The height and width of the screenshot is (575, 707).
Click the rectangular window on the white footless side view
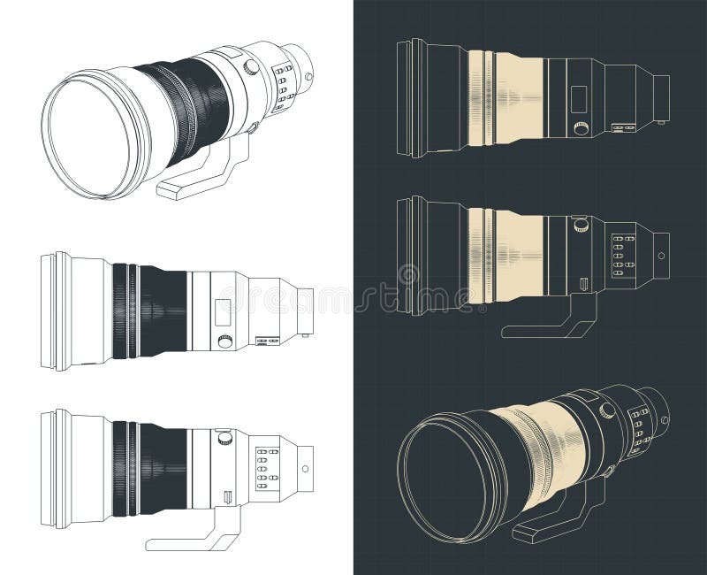(222, 310)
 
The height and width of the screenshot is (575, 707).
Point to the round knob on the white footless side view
(224, 341)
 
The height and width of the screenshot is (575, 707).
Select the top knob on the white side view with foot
(224, 436)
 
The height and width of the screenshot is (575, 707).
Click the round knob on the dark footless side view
(581, 128)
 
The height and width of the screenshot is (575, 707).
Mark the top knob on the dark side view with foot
(581, 226)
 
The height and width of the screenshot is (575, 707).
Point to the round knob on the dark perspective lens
(608, 410)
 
